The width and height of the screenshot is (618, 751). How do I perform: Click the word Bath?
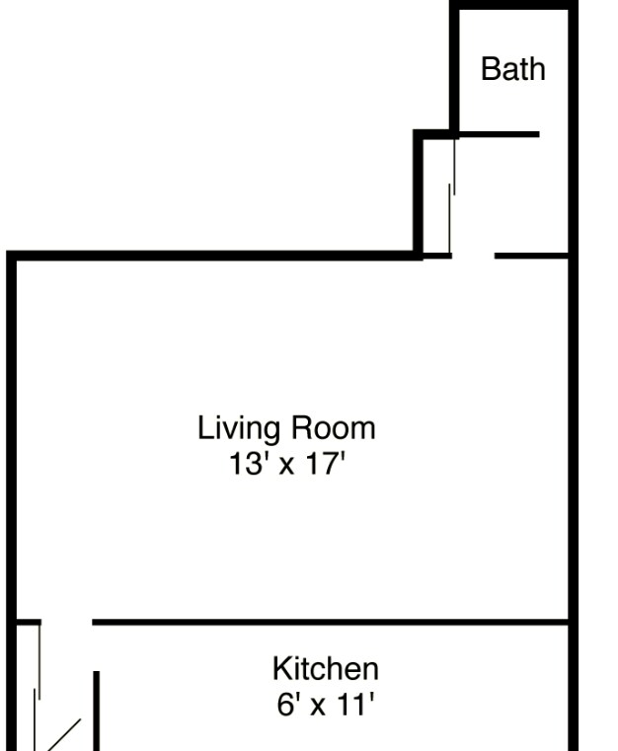pyautogui.click(x=512, y=69)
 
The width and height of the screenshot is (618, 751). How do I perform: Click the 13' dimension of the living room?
pyautogui.click(x=244, y=463)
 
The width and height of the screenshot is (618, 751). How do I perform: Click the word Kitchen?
pyautogui.click(x=325, y=669)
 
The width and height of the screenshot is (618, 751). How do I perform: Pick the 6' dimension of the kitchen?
pyautogui.click(x=285, y=705)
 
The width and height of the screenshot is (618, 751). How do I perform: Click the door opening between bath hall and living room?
pyautogui.click(x=473, y=257)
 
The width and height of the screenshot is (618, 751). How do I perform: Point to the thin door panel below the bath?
pyautogui.click(x=453, y=197)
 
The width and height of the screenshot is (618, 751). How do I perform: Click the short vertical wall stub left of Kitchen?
pyautogui.click(x=97, y=711)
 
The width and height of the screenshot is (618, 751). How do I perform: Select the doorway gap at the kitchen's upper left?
pyautogui.click(x=66, y=623)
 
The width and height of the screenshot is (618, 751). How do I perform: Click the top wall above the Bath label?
pyautogui.click(x=512, y=7)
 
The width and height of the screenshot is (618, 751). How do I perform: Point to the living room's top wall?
pyautogui.click(x=217, y=256)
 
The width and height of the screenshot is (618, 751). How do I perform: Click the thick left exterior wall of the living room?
pyautogui.click(x=12, y=434)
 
